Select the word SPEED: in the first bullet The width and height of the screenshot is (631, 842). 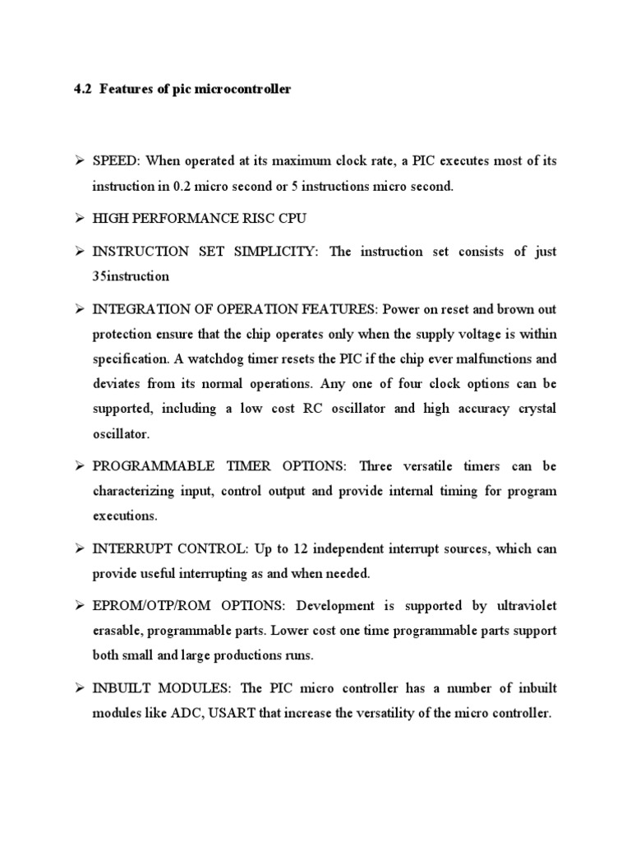pos(116,161)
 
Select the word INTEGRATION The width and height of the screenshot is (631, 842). pos(137,309)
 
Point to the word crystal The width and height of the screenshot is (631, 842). pos(532,408)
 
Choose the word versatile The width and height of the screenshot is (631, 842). pos(431,466)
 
